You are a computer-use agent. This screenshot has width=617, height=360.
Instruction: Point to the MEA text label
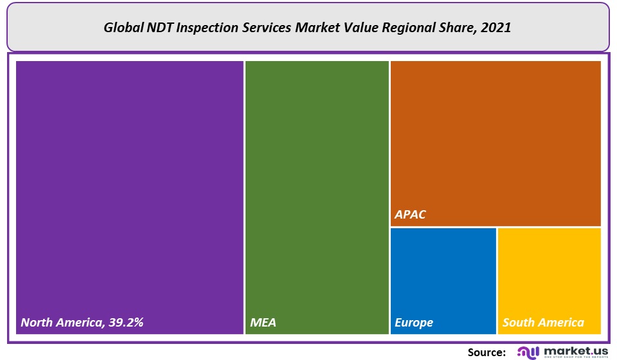[263, 322]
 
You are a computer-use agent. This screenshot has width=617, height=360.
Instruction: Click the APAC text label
[410, 215]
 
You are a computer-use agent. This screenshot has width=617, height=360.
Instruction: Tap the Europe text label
[414, 322]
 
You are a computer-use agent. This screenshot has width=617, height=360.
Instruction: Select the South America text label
[543, 322]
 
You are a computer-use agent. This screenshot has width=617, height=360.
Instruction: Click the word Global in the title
[123, 28]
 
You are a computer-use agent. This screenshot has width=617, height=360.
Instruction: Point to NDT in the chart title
[160, 28]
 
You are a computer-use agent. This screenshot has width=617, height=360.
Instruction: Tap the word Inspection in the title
[207, 28]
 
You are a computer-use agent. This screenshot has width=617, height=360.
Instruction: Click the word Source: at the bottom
[487, 352]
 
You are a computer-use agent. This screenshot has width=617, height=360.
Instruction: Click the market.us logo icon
[527, 352]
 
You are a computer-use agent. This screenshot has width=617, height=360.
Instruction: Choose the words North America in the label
[59, 322]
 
